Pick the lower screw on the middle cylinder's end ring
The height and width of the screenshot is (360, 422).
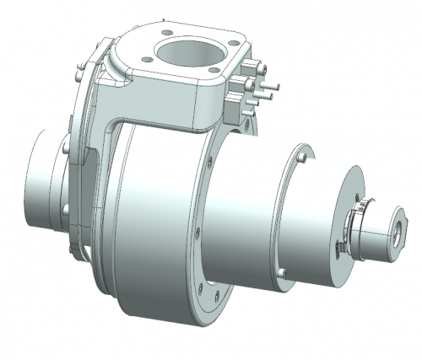tap(284, 270)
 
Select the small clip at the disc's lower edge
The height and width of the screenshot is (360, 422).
tap(338, 246)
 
